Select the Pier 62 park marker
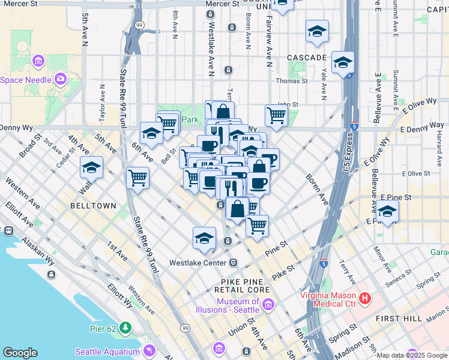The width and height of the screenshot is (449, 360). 125,328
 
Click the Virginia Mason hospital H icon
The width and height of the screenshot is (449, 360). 364,298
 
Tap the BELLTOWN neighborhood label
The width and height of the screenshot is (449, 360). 93,205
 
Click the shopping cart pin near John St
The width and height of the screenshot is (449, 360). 276,114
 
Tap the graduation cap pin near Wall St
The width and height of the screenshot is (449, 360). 91,168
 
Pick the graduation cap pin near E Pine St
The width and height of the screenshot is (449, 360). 388,212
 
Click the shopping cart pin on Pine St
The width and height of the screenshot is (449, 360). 257,225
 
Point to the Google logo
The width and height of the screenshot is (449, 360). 20,353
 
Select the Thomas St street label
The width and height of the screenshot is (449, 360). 292,80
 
